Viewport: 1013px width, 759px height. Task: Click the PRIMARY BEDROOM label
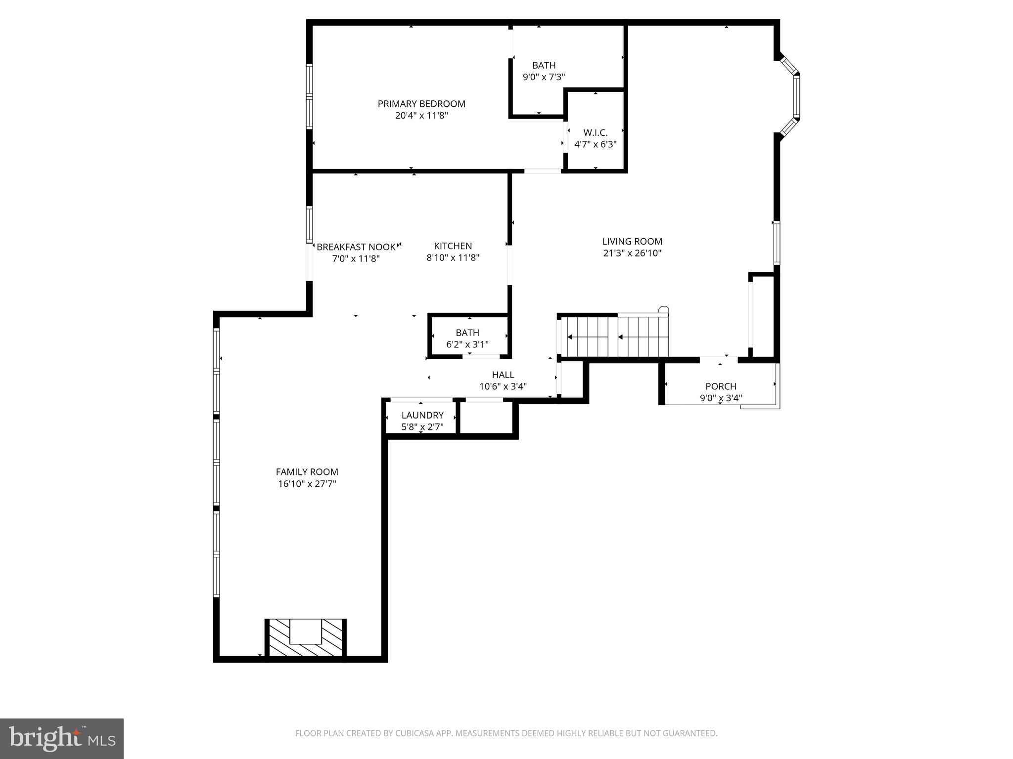pos(421,104)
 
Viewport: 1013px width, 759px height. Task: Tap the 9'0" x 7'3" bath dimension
pos(544,77)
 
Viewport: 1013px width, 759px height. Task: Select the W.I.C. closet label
pos(595,132)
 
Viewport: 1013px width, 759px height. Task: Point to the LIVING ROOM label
pos(632,241)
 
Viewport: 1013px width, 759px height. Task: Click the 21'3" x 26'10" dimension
pos(632,253)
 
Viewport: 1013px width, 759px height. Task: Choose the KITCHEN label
pos(453,246)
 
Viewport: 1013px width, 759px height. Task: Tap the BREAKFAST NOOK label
pos(356,247)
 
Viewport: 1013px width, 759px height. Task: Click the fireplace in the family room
pos(305,638)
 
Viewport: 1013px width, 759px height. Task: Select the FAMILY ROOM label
pos(307,472)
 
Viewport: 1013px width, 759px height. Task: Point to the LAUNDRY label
pos(422,415)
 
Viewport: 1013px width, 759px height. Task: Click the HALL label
pos(503,375)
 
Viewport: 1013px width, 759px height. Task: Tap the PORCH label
pos(721,386)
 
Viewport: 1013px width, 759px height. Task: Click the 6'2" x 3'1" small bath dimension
pos(467,344)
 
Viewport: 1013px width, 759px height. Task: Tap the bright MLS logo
pos(61,738)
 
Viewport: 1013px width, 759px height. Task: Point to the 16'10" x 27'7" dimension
pos(307,484)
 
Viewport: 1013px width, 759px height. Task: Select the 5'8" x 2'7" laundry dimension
pos(422,427)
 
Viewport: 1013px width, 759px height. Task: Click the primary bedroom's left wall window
pos(310,96)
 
